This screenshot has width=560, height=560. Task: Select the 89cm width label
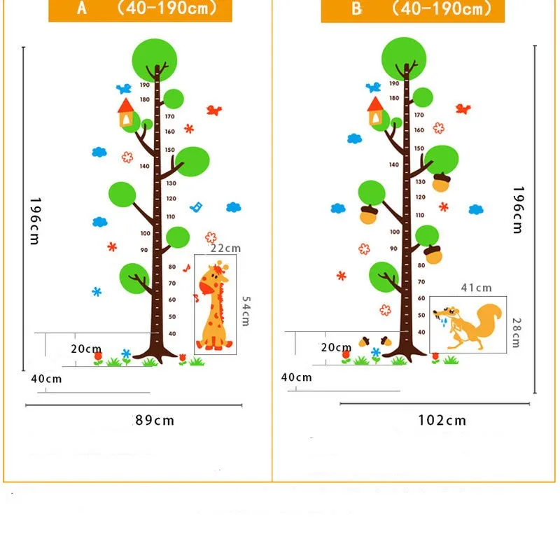pos(155,421)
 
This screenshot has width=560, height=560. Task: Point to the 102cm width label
pos(442,421)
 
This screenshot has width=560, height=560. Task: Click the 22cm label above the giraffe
pos(225,248)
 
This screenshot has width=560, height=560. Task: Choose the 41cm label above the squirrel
pos(476,288)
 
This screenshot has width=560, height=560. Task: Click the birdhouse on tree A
pos(126,113)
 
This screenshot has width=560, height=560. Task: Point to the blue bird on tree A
pos(125,88)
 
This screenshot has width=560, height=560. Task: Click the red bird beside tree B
pos(463,108)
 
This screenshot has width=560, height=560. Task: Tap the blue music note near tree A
pos(197,207)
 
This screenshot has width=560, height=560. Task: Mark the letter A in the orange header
pos(83,9)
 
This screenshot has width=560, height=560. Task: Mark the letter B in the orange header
pos(357,9)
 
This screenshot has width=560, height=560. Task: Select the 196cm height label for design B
pos(518,209)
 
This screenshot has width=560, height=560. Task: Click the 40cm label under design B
pos(297,377)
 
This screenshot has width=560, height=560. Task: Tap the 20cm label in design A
pos(87,349)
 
